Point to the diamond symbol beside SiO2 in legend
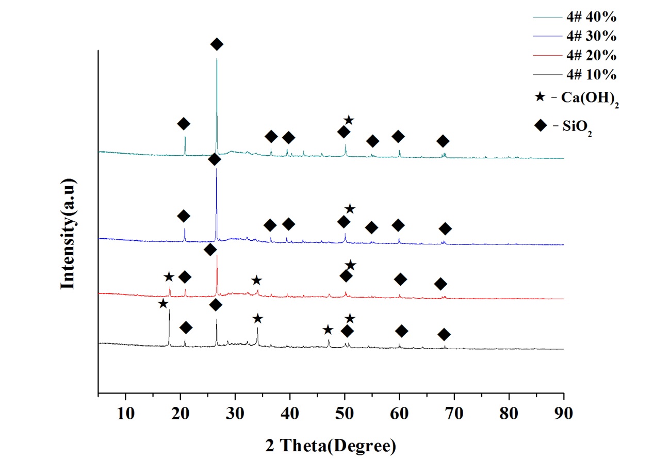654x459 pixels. click(539, 126)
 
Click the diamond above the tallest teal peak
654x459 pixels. click(217, 44)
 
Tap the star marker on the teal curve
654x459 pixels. click(349, 120)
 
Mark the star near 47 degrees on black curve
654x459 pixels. click(328, 330)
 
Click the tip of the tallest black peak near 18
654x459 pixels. click(169, 310)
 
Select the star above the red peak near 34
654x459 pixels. click(256, 281)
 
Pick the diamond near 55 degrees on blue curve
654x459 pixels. click(371, 228)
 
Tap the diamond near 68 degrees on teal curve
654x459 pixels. click(443, 141)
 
